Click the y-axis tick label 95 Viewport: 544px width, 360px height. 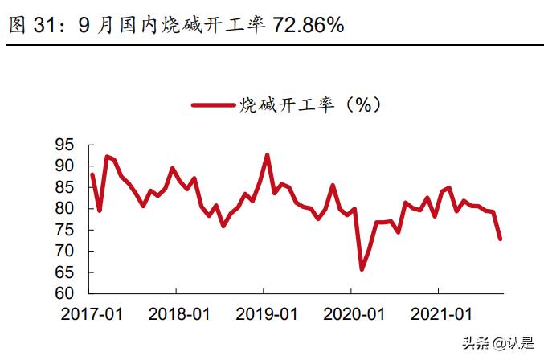(65, 145)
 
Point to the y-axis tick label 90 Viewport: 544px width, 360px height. (65, 166)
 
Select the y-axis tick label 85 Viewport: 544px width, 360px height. (65, 187)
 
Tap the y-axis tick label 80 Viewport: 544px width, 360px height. (65, 208)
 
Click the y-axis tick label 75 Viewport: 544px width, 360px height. (65, 230)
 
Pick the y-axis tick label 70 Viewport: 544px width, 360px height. (65, 251)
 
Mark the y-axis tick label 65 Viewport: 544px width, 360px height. (65, 272)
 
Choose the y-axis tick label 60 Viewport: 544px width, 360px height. (65, 293)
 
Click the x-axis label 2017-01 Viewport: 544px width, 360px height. (92, 313)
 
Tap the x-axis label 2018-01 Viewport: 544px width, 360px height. (178, 313)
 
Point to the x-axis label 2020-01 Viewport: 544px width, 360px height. (352, 313)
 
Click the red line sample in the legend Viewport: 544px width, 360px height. (214, 105)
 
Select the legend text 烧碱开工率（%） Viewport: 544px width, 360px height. (309, 105)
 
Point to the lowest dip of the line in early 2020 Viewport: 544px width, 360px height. (362, 269)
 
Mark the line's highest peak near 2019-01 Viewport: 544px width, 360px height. (267, 155)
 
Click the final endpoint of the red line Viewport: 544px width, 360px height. (501, 239)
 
